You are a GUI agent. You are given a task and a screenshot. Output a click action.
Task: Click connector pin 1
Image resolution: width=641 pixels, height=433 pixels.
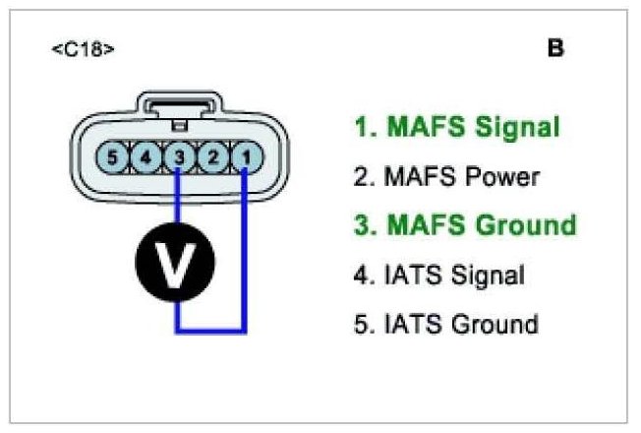click(244, 155)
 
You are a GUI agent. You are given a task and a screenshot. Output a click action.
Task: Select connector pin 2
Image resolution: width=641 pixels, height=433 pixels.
click(210, 155)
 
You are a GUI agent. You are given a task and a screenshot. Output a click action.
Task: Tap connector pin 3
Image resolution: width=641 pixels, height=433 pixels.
click(178, 155)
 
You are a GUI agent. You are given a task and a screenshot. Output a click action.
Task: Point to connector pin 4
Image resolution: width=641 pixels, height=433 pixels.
click(146, 155)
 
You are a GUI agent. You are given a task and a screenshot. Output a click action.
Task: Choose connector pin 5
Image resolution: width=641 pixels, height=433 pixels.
click(113, 155)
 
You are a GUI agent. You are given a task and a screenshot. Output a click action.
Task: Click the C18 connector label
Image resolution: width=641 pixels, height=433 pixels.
click(83, 48)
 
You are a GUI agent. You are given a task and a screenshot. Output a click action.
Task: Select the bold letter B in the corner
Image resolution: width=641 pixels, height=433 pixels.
click(555, 48)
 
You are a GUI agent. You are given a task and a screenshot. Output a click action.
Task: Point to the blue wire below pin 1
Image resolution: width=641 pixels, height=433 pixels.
click(244, 246)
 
